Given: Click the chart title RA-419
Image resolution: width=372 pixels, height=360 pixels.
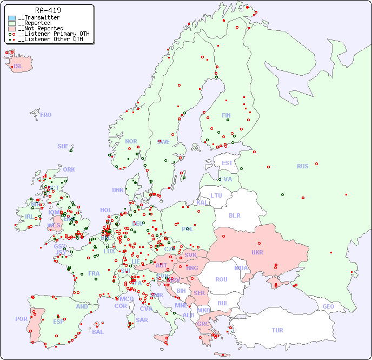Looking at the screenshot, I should (48, 10).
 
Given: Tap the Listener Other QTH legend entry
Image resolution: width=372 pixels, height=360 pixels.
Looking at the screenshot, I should (50, 39).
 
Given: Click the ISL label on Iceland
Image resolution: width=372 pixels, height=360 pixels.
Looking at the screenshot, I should (18, 67).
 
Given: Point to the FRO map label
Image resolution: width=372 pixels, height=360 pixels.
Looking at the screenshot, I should (45, 115).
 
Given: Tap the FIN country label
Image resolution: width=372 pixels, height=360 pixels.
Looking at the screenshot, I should (226, 115).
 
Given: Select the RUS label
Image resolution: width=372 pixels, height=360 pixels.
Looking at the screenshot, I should (302, 166).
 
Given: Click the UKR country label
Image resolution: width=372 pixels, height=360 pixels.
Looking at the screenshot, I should (257, 252).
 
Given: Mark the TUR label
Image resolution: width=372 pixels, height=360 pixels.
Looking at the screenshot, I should (277, 330).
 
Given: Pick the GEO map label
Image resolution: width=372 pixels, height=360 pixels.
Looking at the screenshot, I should (328, 306).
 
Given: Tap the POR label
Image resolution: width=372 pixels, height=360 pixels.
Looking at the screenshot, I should (21, 319).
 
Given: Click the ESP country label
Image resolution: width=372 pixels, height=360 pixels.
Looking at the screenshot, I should (58, 321).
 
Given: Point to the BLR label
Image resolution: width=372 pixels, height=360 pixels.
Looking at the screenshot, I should (234, 215).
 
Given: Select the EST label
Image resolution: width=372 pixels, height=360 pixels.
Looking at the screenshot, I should (227, 163).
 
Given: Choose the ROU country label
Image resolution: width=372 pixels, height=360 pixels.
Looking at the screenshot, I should (221, 279).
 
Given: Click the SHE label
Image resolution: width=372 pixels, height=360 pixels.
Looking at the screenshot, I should (63, 146).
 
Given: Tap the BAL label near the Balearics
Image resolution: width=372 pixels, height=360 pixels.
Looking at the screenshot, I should (97, 332).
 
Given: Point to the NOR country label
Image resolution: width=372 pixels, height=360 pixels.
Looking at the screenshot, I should (131, 141).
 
